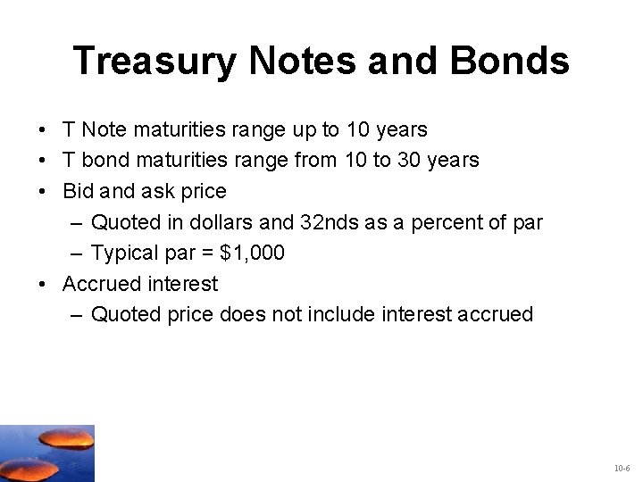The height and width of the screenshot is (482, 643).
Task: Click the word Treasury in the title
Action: (x=154, y=62)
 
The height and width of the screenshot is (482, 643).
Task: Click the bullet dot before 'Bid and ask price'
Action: (x=43, y=192)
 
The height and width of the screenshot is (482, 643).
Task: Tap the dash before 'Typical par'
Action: (x=77, y=253)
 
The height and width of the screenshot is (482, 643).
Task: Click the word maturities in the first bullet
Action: (x=182, y=129)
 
